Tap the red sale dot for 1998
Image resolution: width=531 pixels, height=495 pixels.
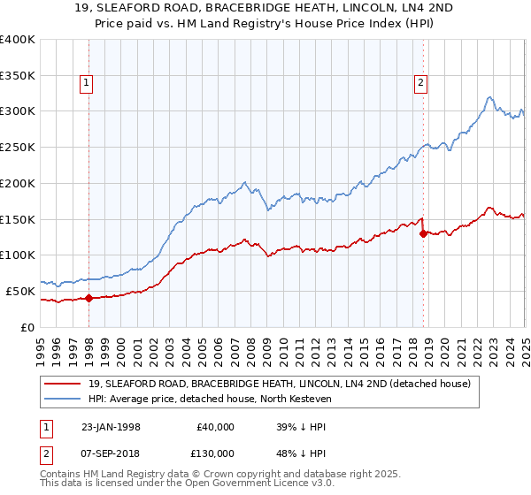pos(88,298)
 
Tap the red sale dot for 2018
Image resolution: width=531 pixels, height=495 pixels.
pos(423,233)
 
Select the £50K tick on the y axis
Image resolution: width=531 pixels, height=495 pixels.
pos(20,291)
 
